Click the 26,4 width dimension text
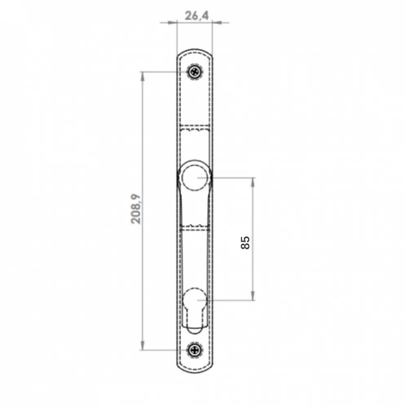pos(197,16)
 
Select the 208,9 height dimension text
pos(136,209)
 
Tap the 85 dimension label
pos(245,243)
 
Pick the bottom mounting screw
pos(195,350)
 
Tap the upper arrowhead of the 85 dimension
pos(253,182)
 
